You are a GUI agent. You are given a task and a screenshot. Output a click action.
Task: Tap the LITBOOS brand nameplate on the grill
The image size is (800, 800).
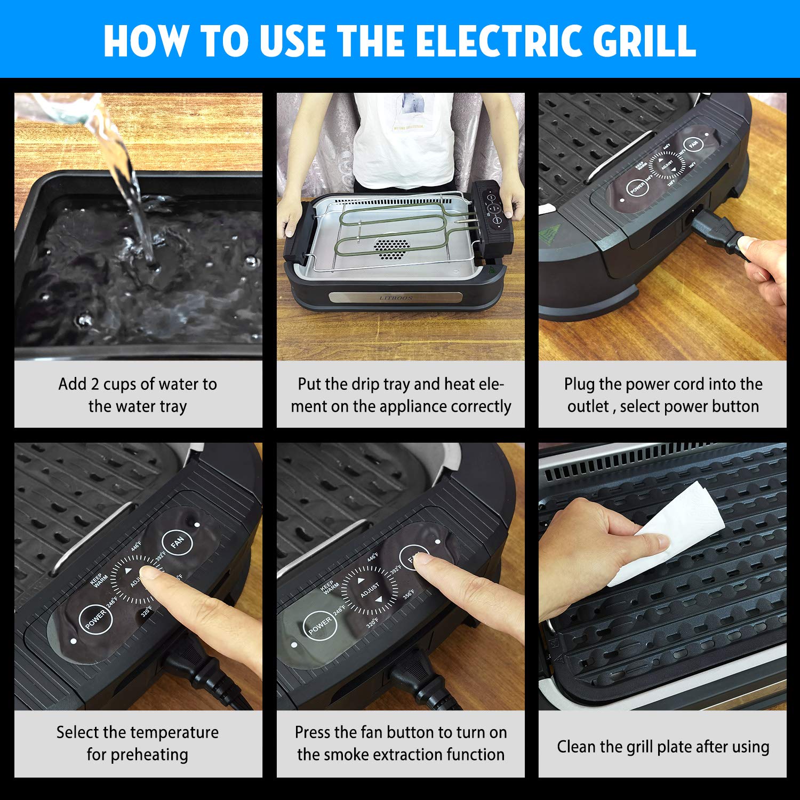(395, 297)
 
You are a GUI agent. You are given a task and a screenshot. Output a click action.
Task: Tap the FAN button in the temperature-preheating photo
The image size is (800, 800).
(177, 542)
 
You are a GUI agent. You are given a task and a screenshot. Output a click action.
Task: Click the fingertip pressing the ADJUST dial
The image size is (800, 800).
(152, 573)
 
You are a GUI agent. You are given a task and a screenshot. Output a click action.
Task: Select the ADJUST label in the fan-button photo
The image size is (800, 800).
(370, 590)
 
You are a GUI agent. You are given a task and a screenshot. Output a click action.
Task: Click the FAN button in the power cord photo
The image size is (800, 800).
(693, 145)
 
